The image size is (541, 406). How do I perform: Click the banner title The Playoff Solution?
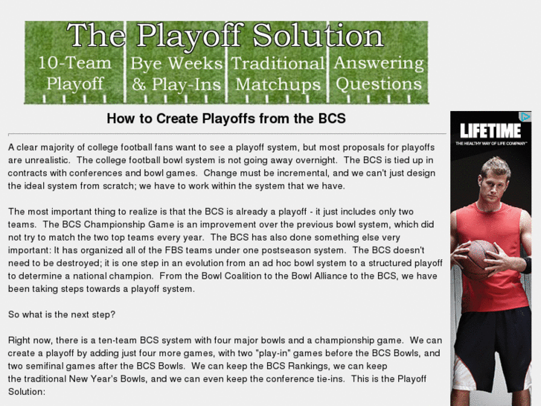pyautogui.click(x=225, y=37)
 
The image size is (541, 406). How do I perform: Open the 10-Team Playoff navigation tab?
pyautogui.click(x=74, y=73)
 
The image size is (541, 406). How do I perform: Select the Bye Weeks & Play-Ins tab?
pyautogui.click(x=176, y=73)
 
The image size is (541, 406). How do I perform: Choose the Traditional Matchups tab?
pyautogui.click(x=278, y=73)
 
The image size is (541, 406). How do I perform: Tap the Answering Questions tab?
pyautogui.click(x=379, y=73)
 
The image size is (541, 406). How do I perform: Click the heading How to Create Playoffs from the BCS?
pyautogui.click(x=226, y=118)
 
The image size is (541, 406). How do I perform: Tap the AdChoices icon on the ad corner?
pyautogui.click(x=525, y=117)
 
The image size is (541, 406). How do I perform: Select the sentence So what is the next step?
pyautogui.click(x=61, y=314)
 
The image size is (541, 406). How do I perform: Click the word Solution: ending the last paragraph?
pyautogui.click(x=27, y=391)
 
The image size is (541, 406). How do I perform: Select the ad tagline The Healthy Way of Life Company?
pyautogui.click(x=492, y=142)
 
